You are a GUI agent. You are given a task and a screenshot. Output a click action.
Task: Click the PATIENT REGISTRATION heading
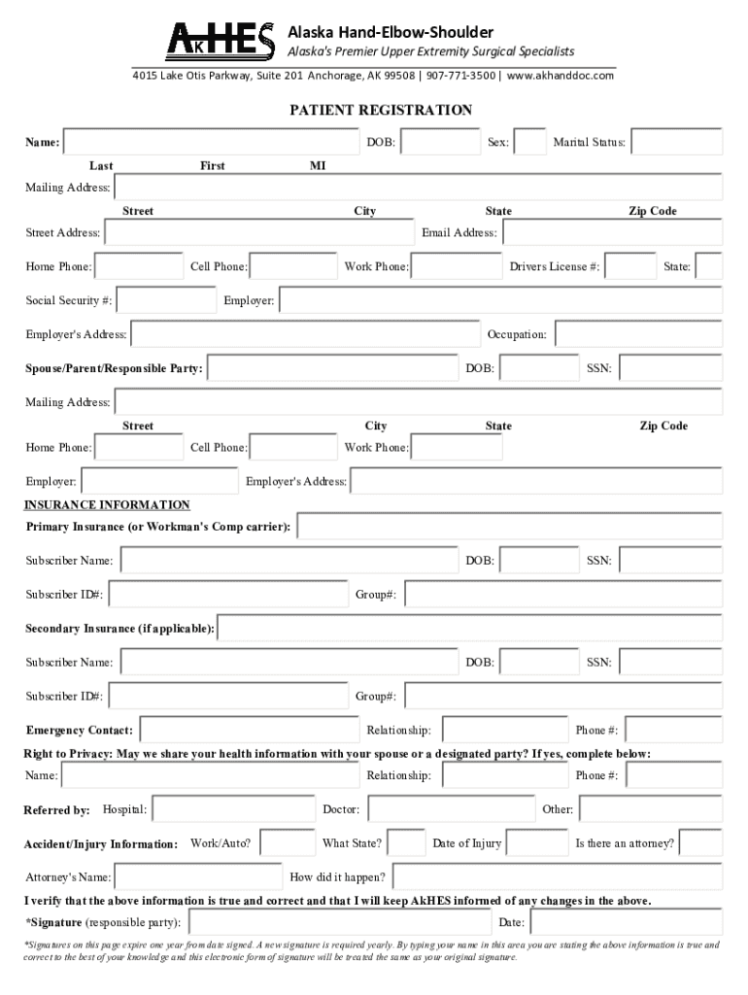pyautogui.click(x=381, y=110)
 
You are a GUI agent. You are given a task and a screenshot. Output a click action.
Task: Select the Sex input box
pyautogui.click(x=529, y=142)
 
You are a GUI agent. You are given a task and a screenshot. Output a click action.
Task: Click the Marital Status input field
pyautogui.click(x=677, y=142)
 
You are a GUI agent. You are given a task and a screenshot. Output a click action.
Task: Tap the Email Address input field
pyautogui.click(x=612, y=232)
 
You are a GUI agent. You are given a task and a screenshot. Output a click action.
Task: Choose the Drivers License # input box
pyautogui.click(x=631, y=266)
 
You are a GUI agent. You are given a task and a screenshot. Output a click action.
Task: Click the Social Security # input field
pyautogui.click(x=166, y=300)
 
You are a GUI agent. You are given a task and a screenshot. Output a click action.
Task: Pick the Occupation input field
pyautogui.click(x=637, y=334)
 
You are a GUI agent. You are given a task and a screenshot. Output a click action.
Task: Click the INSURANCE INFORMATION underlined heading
pyautogui.click(x=107, y=505)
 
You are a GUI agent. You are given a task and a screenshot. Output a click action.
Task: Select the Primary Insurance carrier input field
pyautogui.click(x=509, y=526)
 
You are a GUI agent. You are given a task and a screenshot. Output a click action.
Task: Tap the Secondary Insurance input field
pyautogui.click(x=470, y=628)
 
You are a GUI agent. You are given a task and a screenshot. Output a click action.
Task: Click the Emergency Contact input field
pyautogui.click(x=249, y=730)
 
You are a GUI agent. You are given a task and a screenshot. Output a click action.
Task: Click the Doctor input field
pyautogui.click(x=450, y=808)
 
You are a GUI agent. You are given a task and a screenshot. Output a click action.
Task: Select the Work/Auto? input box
pyautogui.click(x=287, y=842)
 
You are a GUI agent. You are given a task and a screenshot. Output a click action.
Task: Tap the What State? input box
pyautogui.click(x=406, y=842)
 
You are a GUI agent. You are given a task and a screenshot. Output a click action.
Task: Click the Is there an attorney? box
pyautogui.click(x=700, y=842)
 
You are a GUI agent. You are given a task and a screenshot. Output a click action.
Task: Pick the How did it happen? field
pyautogui.click(x=557, y=876)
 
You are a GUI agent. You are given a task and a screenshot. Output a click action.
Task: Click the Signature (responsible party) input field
pyautogui.click(x=339, y=921)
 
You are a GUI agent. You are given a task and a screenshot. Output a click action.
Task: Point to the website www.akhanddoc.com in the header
pyautogui.click(x=560, y=75)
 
